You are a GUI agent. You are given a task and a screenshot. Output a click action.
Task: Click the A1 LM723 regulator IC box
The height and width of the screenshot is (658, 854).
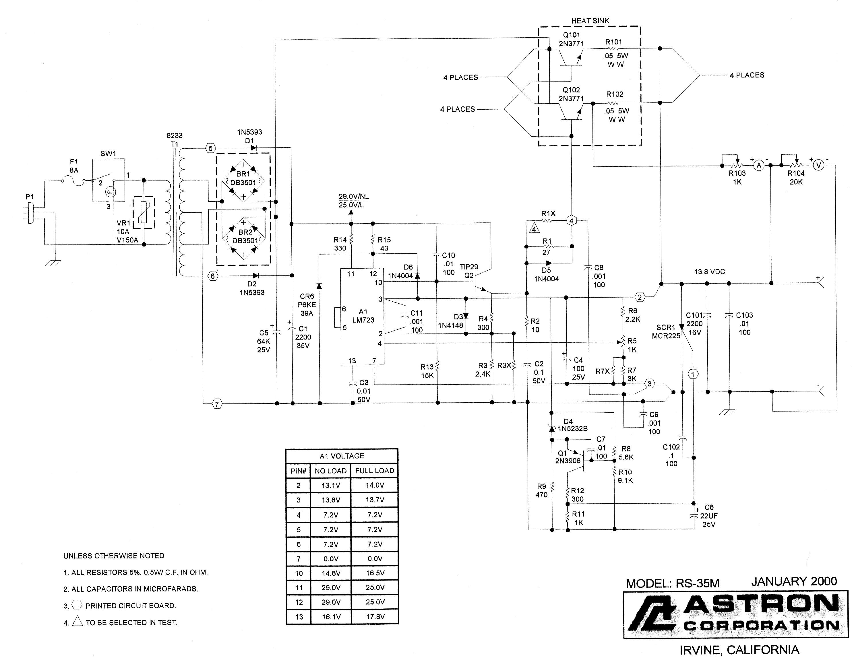[362, 317]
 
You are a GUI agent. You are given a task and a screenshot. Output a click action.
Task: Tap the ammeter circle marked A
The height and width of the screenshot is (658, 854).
[759, 165]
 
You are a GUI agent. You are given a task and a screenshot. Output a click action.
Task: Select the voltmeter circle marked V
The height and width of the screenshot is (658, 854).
[818, 165]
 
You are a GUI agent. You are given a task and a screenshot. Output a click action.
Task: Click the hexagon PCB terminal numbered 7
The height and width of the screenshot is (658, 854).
[217, 404]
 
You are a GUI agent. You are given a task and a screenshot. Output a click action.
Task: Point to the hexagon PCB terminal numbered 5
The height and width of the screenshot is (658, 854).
[210, 148]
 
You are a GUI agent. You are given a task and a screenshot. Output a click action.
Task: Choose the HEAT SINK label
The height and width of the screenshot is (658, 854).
[590, 21]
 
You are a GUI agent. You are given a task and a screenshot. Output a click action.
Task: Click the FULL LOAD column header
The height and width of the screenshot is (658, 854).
[375, 471]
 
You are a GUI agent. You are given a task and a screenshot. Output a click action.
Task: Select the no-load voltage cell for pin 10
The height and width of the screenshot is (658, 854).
[331, 573]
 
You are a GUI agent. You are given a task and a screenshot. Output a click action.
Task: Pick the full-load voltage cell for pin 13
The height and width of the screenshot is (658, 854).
[375, 617]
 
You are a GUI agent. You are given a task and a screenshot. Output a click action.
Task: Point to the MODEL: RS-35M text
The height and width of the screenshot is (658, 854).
[673, 583]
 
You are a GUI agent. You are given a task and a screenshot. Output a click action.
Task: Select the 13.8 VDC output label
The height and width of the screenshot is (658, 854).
[709, 272]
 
